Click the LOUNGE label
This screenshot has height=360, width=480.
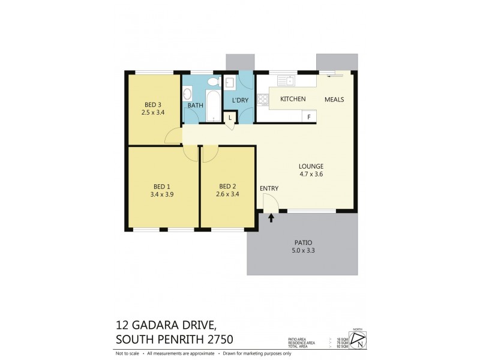click(311, 166)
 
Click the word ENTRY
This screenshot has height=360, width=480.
click(269, 188)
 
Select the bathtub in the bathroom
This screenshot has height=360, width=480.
click(213, 106)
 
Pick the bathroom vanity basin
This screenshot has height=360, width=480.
click(187, 94)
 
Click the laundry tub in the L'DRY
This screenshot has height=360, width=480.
click(230, 83)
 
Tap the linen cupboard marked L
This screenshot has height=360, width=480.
click(231, 118)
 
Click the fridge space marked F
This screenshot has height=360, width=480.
click(309, 117)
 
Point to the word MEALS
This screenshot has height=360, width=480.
click(334, 99)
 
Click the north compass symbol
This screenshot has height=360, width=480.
click(358, 341)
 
